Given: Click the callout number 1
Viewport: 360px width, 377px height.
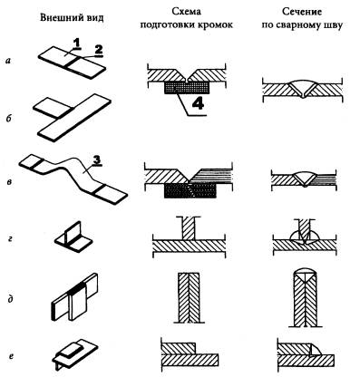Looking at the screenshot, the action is (77, 44).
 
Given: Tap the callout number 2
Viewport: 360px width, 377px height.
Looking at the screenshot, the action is (98, 51).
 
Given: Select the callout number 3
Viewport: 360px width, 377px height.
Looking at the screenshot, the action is (96, 160).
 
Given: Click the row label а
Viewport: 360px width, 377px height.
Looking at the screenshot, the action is (9, 61).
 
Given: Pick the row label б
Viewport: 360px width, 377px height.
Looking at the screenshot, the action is (9, 118).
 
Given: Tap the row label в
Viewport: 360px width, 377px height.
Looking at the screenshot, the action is (9, 182).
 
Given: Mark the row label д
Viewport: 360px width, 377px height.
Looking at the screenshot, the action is (10, 300).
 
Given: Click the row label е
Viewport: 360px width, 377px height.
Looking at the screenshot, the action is (11, 356).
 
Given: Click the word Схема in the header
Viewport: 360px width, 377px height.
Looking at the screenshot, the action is (187, 12).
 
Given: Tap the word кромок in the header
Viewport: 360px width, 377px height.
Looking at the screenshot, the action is (216, 24).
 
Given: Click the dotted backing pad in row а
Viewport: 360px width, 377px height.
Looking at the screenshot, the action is (187, 88).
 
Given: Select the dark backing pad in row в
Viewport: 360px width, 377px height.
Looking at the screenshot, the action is (190, 190).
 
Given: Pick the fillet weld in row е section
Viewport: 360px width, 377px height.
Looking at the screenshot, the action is (316, 350).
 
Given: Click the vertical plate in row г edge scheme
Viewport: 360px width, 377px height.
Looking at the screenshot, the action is (189, 228).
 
